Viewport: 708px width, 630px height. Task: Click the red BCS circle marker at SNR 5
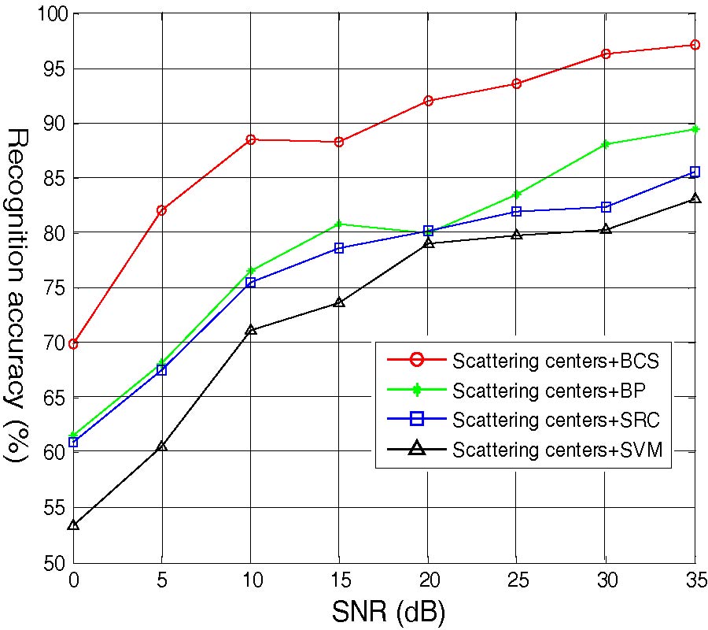(x=161, y=210)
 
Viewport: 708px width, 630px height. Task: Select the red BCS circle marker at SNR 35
(x=695, y=45)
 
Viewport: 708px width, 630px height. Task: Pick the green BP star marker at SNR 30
(x=606, y=144)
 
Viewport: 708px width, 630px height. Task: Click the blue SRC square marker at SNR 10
(x=250, y=282)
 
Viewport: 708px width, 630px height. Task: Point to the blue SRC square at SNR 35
(x=695, y=172)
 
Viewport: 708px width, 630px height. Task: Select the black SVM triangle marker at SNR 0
(x=73, y=524)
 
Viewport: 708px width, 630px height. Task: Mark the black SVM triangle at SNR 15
(x=339, y=302)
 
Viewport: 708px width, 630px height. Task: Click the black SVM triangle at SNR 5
(x=161, y=447)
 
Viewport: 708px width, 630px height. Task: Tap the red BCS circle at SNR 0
(x=73, y=343)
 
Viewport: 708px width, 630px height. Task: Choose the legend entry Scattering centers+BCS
(x=555, y=361)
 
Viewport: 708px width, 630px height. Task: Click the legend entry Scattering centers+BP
(x=549, y=389)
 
